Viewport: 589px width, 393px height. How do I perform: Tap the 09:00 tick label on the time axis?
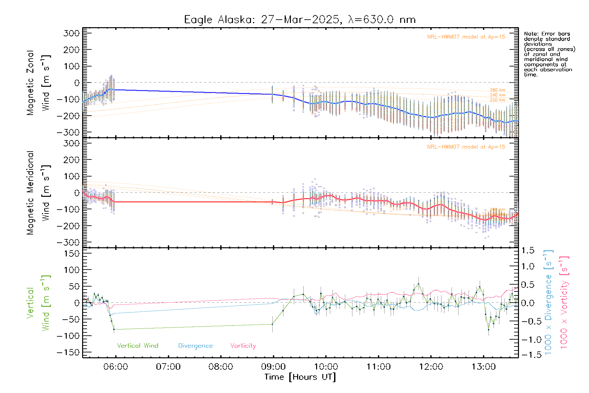(x=273, y=366)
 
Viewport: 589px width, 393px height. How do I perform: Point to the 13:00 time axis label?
(x=483, y=366)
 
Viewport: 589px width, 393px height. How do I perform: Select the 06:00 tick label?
(x=116, y=366)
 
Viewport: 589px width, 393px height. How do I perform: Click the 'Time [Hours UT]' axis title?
(x=300, y=377)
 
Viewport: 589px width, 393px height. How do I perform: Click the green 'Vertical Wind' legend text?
(x=137, y=346)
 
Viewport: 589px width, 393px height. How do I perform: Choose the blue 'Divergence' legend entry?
(x=195, y=346)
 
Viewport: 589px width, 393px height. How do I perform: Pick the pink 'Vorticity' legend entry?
(x=243, y=346)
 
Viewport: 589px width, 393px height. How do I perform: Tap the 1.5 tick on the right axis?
(x=527, y=251)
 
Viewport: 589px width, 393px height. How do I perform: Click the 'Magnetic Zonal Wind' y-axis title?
(x=38, y=83)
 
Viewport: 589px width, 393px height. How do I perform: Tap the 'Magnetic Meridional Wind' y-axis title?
(x=38, y=193)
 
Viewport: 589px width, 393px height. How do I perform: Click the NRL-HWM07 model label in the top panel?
(x=466, y=37)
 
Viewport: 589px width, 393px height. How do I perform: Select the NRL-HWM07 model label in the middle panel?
(x=466, y=147)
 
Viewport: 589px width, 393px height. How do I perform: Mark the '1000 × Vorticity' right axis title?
(x=564, y=302)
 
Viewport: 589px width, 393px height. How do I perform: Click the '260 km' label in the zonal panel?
(x=497, y=90)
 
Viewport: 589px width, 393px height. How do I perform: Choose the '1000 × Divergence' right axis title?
(x=548, y=302)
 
